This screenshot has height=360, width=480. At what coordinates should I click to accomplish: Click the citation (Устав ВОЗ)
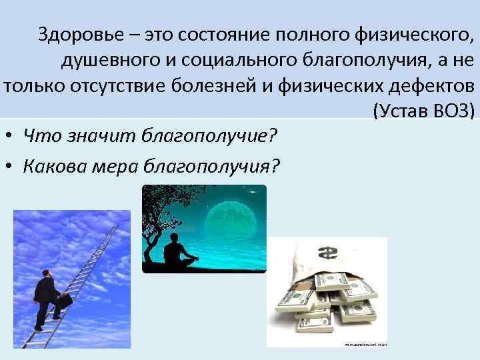[423, 111]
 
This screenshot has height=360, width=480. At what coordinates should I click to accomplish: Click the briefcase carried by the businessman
[64, 301]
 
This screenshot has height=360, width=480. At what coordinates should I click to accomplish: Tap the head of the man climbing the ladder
[45, 273]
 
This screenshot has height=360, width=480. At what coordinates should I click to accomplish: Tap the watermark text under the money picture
[365, 344]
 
